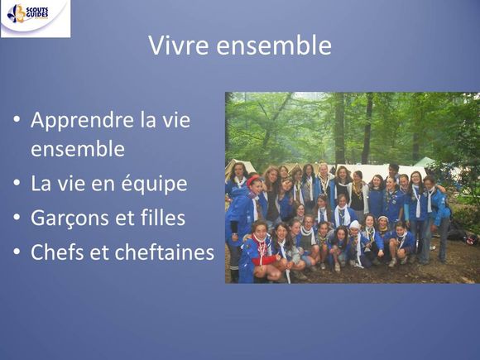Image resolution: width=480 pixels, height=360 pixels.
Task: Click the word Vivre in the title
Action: (179, 46)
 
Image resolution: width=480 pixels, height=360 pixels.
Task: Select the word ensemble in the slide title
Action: (274, 46)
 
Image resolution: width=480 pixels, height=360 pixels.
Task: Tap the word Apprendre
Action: (82, 121)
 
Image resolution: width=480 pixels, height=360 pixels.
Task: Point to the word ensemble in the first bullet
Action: (78, 149)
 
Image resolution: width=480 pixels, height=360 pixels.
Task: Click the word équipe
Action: (154, 184)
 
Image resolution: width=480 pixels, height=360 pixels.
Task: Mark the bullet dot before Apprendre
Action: (17, 118)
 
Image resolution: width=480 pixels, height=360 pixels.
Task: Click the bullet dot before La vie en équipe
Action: (17, 182)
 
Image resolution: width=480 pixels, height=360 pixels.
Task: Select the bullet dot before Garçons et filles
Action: (17, 217)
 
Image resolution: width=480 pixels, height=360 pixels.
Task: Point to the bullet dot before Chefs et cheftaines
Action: (17, 251)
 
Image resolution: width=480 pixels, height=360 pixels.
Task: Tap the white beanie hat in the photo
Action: (355, 225)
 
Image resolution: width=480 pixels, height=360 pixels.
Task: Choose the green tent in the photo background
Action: (425, 162)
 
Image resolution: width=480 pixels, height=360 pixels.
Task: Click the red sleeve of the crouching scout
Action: (265, 260)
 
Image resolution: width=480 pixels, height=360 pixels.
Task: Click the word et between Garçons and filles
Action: (125, 218)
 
